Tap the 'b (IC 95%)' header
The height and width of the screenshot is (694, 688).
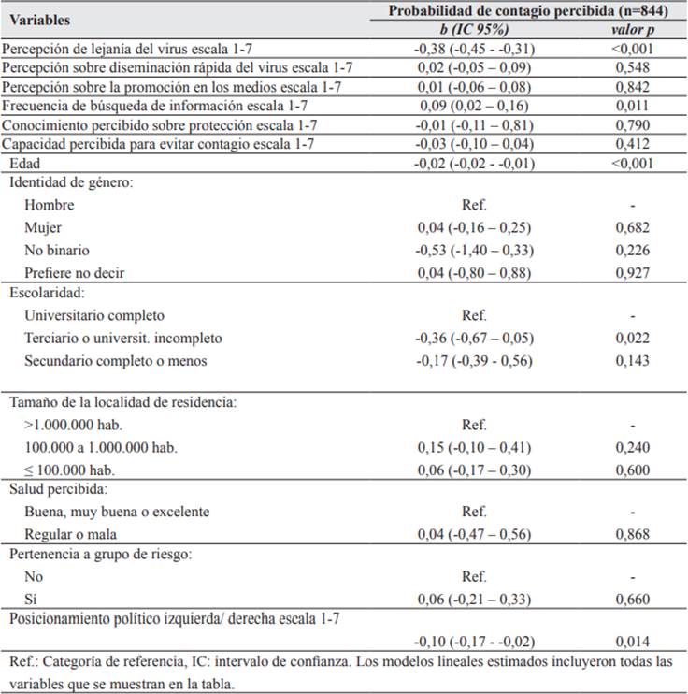(x=474, y=29)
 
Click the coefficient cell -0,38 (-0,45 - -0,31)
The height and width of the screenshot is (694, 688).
(x=474, y=49)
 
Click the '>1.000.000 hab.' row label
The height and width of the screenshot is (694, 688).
(x=70, y=425)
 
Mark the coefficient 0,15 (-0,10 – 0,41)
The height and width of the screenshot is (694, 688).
(x=474, y=447)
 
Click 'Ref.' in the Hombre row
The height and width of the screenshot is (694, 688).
(x=474, y=205)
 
